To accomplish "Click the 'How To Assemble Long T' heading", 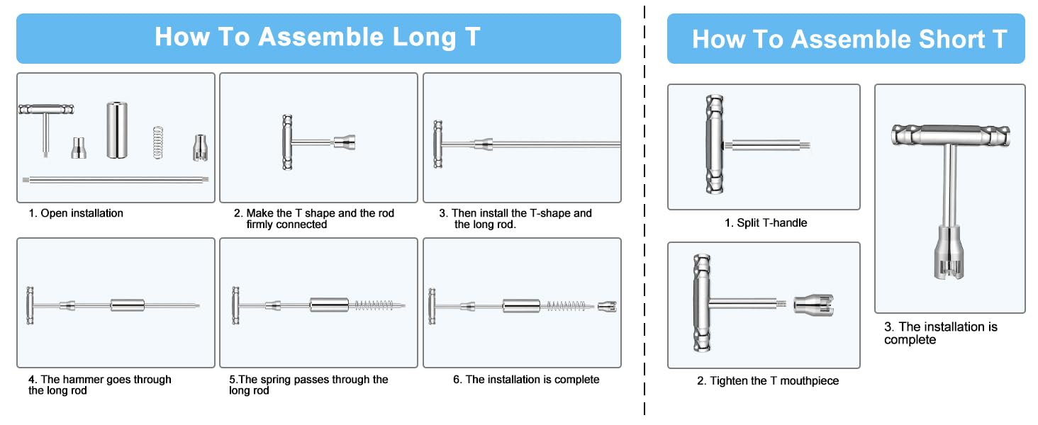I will click(x=318, y=37).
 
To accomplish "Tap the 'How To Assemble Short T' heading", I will click(x=849, y=39).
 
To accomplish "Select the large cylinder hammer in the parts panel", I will click(x=117, y=130).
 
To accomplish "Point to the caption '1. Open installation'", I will click(x=75, y=213).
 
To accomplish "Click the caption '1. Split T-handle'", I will click(x=765, y=223).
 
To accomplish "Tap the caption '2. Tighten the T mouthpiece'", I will click(x=768, y=381).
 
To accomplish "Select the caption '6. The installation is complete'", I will click(x=526, y=380).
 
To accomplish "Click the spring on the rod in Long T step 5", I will click(x=373, y=306).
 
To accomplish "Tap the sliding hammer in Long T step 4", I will click(x=126, y=306).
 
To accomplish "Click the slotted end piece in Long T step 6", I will click(x=608, y=306).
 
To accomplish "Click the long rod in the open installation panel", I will click(x=116, y=179).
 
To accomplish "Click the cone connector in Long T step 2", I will click(x=343, y=142).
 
